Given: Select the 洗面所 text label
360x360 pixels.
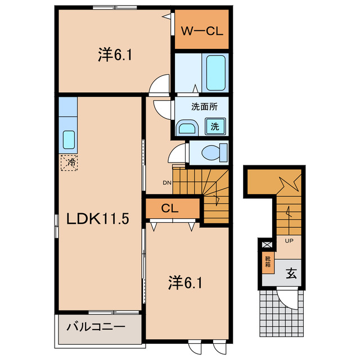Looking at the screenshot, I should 204,107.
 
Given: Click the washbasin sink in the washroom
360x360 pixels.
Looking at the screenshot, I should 186,128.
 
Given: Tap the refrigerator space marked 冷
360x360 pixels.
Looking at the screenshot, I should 70,163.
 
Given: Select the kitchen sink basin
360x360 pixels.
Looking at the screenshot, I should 69,138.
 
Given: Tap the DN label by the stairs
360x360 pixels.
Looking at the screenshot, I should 167,182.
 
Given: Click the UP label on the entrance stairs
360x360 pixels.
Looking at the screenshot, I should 289,241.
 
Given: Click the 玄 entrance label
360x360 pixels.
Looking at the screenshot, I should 291,274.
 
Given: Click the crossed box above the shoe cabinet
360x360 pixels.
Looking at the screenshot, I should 267,245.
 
